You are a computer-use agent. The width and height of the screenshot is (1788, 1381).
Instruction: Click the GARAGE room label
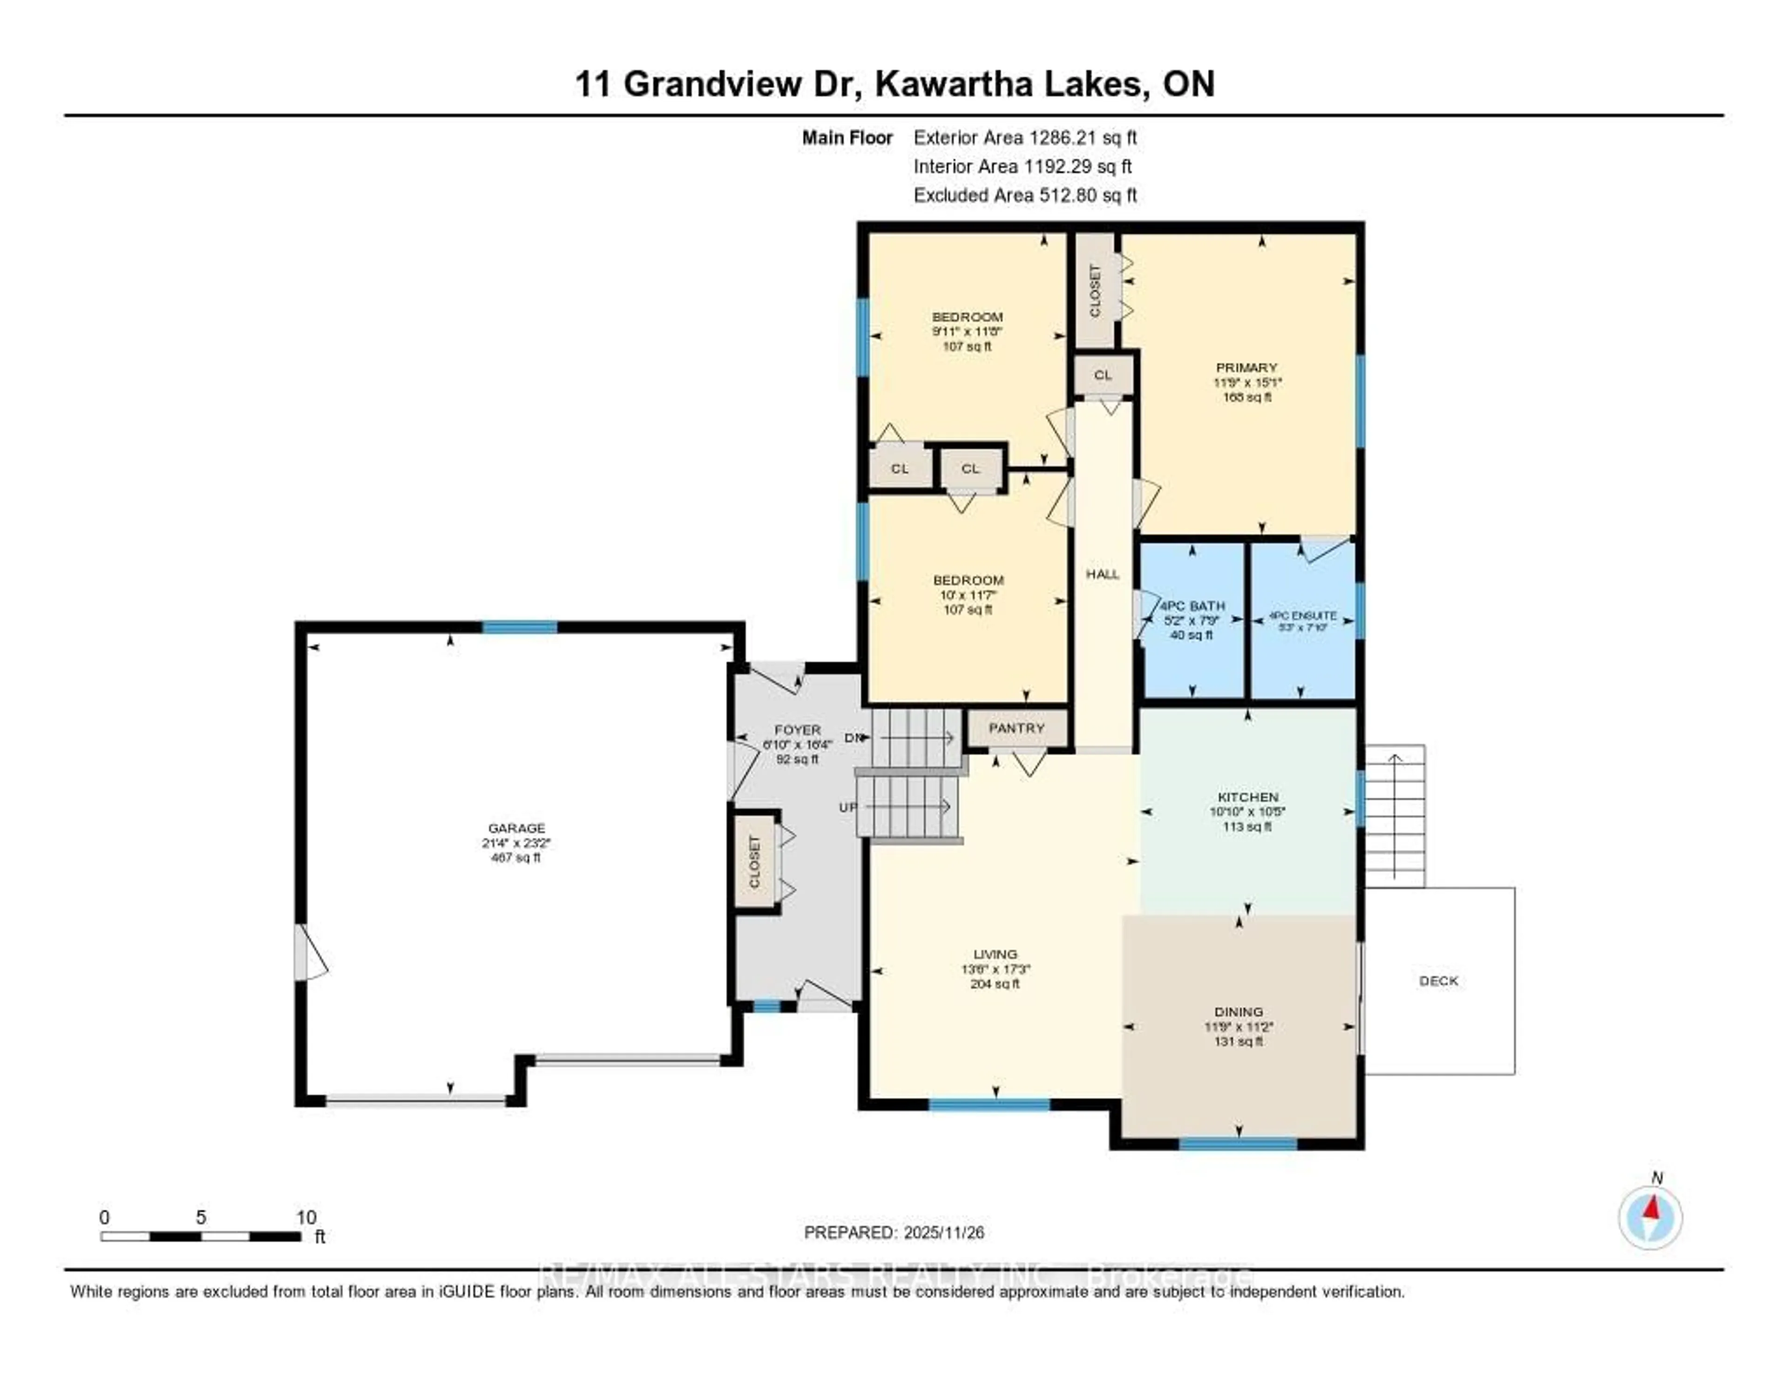click(x=516, y=827)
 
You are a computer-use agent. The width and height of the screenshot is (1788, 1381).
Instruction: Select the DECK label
click(x=1438, y=981)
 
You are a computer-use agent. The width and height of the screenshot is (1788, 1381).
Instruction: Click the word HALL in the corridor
click(x=1102, y=574)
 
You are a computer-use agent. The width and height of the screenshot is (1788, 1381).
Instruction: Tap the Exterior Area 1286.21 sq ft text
click(x=1025, y=137)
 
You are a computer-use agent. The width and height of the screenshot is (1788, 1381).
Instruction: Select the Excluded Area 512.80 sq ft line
click(x=1025, y=195)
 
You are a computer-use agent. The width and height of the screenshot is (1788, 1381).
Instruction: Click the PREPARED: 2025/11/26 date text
click(x=894, y=1232)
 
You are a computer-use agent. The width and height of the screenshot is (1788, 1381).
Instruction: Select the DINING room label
click(x=1239, y=1012)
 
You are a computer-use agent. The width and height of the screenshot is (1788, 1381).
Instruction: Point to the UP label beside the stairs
click(x=847, y=807)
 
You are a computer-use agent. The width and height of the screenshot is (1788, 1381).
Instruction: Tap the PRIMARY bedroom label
click(x=1246, y=367)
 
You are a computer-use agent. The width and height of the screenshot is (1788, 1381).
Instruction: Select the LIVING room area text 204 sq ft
click(x=995, y=984)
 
